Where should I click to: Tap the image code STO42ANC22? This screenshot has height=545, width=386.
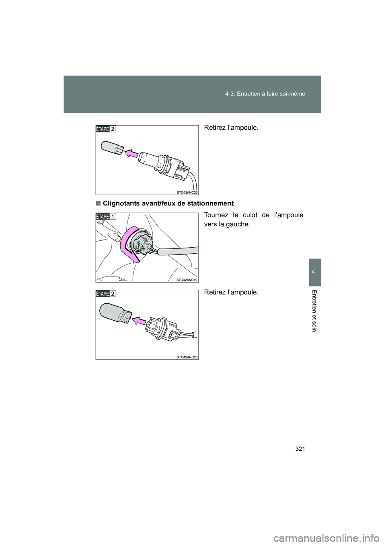point(187,192)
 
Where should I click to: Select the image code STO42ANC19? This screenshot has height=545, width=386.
point(187,280)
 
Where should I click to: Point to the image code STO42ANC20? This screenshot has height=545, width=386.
point(187,357)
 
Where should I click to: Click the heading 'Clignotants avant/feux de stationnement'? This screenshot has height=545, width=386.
point(168,203)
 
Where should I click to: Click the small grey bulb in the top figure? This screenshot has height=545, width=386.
point(113,147)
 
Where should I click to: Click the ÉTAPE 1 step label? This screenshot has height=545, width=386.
point(106,216)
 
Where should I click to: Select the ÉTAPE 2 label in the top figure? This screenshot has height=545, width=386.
point(106,129)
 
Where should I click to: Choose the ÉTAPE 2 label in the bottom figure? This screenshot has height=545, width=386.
point(106,293)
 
